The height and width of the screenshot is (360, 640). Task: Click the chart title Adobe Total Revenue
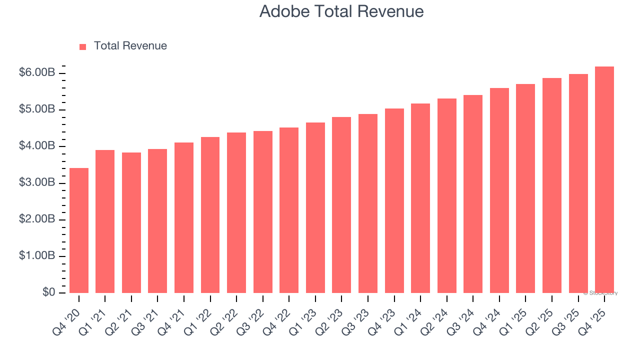[x=341, y=11]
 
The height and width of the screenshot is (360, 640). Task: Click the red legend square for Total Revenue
[x=82, y=46]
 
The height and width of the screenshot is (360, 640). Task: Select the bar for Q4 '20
[x=79, y=230]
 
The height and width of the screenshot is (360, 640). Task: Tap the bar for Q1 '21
[x=105, y=221]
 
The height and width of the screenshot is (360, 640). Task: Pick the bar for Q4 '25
[x=604, y=180]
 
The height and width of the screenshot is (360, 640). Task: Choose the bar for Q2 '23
[x=341, y=205]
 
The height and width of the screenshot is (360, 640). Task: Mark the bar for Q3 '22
[x=262, y=212]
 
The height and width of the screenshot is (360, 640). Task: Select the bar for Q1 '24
[x=420, y=198]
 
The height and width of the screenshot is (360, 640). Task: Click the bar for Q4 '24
[x=499, y=190]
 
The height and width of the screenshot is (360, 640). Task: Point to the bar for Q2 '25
[x=551, y=185]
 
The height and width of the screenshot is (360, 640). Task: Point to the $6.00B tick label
[x=37, y=73]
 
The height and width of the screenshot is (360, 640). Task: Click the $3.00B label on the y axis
[x=37, y=183]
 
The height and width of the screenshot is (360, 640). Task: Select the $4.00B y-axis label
[x=37, y=146]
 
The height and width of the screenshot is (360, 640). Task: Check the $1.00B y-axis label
[x=37, y=256]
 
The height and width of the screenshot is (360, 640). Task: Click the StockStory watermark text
[x=600, y=293]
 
